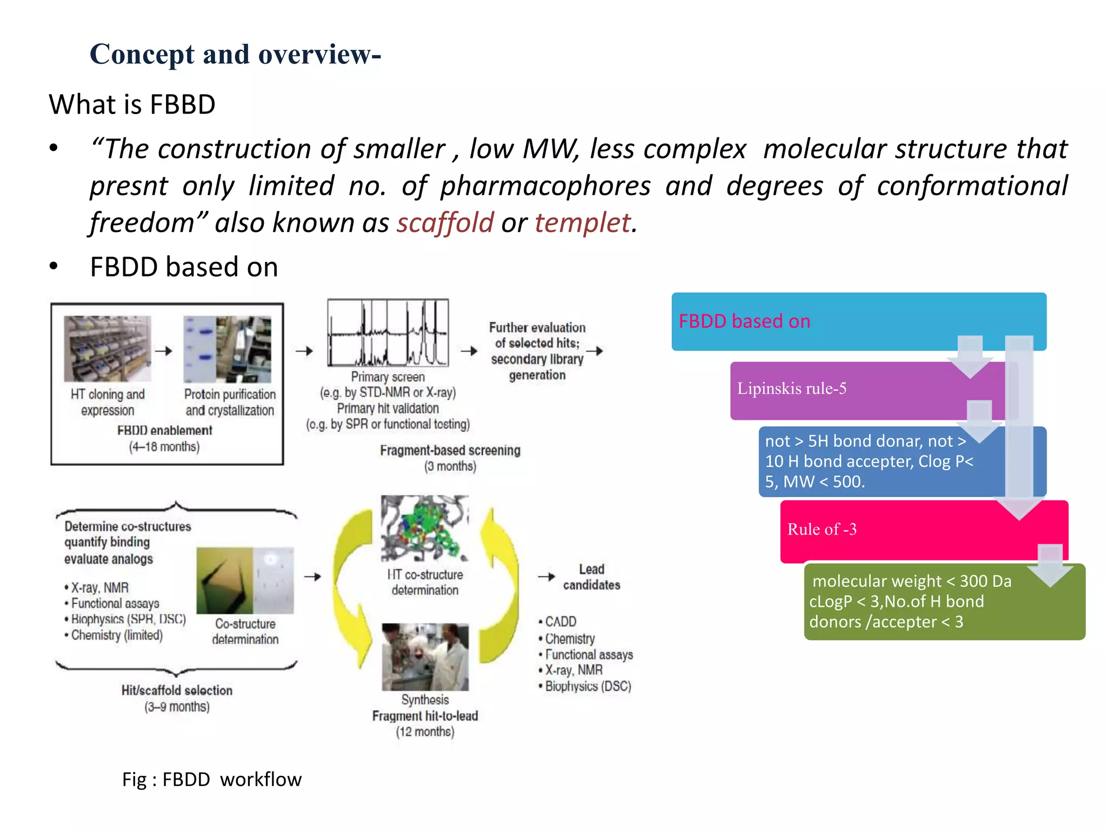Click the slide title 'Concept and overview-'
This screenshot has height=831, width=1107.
(235, 55)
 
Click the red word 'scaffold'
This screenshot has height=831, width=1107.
(445, 222)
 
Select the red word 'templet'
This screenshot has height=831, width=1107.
(582, 222)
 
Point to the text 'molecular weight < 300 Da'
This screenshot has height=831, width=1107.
(911, 581)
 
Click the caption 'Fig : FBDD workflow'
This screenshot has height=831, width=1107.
(211, 780)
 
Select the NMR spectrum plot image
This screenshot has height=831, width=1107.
(388, 333)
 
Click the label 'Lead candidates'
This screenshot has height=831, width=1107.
(591, 577)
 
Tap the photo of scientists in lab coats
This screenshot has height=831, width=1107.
(425, 656)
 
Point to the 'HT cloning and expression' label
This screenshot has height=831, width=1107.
(108, 402)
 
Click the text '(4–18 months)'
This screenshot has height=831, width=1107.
(164, 447)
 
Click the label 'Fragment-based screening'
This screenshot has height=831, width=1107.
(450, 450)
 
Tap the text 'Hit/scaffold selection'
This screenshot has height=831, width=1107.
(177, 690)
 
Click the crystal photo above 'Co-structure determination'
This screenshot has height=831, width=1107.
(245, 581)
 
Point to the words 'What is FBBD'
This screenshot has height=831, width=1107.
(132, 104)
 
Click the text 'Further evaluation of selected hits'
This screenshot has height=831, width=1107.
(537, 335)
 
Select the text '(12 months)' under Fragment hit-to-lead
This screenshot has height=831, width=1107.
(425, 732)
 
